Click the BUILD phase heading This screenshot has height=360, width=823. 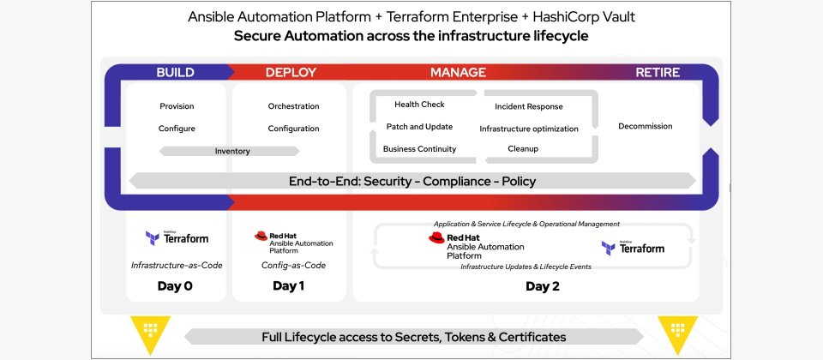[x=175, y=73]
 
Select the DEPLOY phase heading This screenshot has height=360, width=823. [x=291, y=73]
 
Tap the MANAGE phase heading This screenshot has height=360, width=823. [x=458, y=73]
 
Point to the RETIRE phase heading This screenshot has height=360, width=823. [x=658, y=73]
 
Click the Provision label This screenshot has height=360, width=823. [x=177, y=106]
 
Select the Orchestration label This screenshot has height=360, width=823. [x=293, y=106]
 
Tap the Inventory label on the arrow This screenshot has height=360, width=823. [x=232, y=152]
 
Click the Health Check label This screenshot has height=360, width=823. [x=419, y=105]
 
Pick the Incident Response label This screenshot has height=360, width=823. [x=529, y=107]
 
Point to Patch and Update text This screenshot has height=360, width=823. [x=420, y=127]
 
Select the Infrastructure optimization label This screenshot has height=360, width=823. [x=529, y=129]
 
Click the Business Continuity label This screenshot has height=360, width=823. [x=419, y=149]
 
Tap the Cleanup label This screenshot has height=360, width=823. [x=523, y=149]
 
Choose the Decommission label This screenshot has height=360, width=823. [x=645, y=127]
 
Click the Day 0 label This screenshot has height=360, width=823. [x=175, y=286]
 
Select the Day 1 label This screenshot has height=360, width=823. [x=289, y=286]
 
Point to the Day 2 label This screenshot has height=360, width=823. [x=543, y=286]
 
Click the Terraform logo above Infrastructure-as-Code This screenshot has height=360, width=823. [x=177, y=237]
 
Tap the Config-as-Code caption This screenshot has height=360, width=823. [x=293, y=266]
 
